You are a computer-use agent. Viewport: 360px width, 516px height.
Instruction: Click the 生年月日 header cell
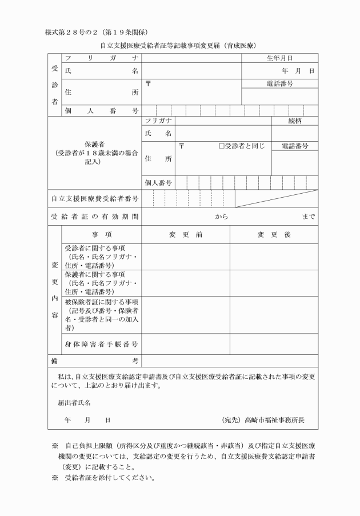(279, 58)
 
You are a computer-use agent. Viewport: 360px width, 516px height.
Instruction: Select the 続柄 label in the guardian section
(295, 121)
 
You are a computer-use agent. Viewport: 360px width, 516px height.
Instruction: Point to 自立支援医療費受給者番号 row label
(93, 198)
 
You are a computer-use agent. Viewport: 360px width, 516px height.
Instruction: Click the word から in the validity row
(222, 217)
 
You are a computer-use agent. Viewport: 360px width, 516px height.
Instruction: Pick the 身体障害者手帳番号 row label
(101, 344)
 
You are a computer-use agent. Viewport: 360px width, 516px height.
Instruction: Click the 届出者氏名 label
(74, 402)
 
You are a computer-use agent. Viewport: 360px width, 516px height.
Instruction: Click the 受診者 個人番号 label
(101, 110)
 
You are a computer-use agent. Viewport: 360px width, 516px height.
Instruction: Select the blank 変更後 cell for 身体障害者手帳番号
(274, 344)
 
